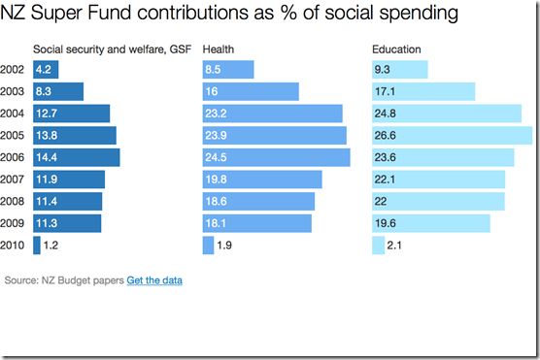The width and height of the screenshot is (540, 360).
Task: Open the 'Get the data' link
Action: point(154,280)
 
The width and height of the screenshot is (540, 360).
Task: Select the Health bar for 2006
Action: point(276,157)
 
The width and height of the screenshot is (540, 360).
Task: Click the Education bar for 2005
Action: point(452,135)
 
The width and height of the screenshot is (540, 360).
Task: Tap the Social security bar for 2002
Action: point(46,70)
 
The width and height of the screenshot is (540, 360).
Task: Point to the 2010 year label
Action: point(14,245)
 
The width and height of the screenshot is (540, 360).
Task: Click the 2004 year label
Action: point(14,114)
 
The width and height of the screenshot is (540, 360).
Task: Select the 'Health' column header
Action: point(218,49)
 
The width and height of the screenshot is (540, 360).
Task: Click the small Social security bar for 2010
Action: point(37,245)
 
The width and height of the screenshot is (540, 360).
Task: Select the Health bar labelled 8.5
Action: point(227,70)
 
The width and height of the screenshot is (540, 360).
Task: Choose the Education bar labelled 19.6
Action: point(430,223)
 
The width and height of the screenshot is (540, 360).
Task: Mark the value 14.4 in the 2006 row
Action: point(48,157)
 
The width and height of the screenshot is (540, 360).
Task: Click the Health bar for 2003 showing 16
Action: point(250,91)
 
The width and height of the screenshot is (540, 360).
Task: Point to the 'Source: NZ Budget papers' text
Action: point(64,280)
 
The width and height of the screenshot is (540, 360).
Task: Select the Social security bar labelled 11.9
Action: point(69,180)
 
